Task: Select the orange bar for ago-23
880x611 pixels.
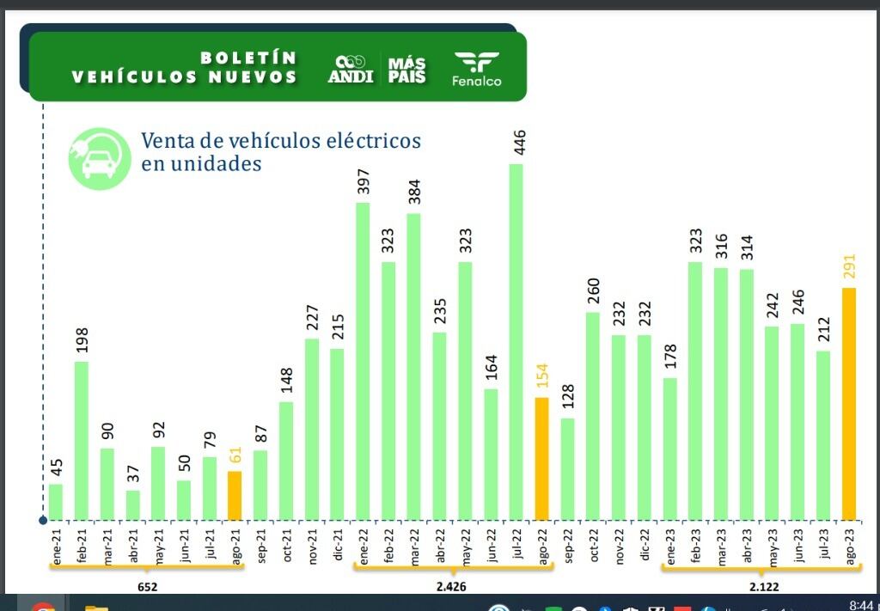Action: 848,404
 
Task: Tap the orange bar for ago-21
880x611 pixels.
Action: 235,495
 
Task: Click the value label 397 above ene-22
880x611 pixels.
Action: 364,183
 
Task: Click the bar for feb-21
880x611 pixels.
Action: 82,440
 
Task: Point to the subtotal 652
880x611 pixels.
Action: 147,587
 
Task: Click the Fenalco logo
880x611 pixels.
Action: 476,69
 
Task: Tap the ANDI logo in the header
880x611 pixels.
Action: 350,70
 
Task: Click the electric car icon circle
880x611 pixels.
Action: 100,159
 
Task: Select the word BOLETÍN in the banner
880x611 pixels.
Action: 248,58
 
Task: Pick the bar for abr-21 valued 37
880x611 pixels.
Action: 132,505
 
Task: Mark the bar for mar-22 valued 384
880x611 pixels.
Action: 413,366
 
